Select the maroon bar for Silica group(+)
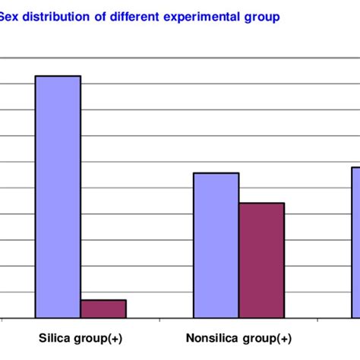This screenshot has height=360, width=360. click(103, 308)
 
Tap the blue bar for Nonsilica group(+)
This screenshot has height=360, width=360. click(216, 245)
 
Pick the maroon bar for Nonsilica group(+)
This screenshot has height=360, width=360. click(261, 260)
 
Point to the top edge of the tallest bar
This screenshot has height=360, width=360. click(58, 76)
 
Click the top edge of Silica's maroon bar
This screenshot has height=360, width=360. click(103, 300)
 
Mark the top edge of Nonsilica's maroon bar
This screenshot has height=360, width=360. click(261, 203)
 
